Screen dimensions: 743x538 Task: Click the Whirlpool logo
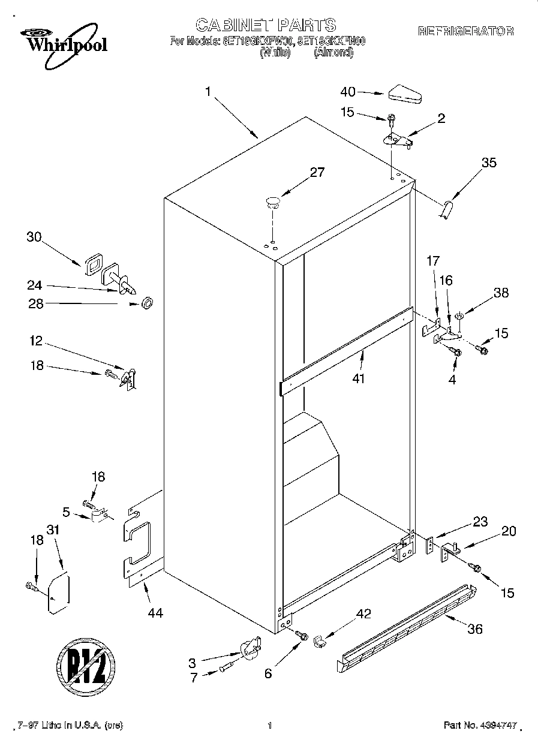click(x=60, y=42)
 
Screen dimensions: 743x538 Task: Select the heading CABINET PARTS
click(x=266, y=25)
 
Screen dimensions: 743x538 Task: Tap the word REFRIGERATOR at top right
click(x=465, y=31)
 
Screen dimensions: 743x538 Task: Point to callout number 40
click(x=348, y=92)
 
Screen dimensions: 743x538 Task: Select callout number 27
click(x=317, y=173)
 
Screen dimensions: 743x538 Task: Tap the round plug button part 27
click(x=273, y=201)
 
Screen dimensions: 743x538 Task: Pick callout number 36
click(x=474, y=629)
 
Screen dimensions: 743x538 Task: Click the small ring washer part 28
click(x=146, y=304)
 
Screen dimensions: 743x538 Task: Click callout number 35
click(x=489, y=163)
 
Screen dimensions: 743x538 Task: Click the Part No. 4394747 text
click(x=480, y=726)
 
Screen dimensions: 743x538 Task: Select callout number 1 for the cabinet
click(x=208, y=92)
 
